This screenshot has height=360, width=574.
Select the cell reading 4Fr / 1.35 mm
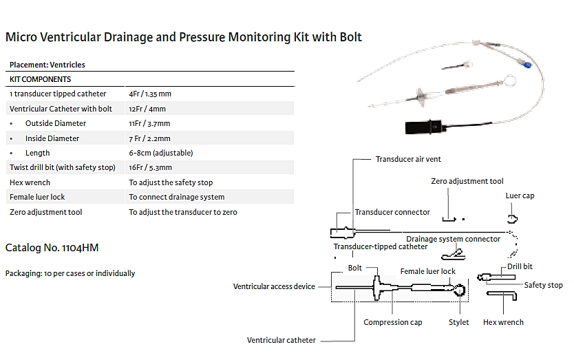pos(149,94)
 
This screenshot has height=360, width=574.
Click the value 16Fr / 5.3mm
pos(150,167)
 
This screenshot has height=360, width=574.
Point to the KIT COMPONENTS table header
pos(40,79)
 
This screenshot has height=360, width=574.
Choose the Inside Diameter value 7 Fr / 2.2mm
pos(149,138)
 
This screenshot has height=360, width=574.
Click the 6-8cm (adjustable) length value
pos(160,153)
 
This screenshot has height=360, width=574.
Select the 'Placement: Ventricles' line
pos(47,65)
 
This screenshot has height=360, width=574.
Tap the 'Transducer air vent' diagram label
pos(408,160)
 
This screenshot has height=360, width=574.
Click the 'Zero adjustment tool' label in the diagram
pos(467,181)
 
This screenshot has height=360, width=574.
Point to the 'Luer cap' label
pos(520,196)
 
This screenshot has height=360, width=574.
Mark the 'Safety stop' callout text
pos(543,285)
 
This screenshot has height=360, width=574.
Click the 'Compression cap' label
pos(393,322)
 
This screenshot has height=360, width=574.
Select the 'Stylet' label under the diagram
pos(458,322)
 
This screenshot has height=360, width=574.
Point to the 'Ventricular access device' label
pos(274,286)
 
